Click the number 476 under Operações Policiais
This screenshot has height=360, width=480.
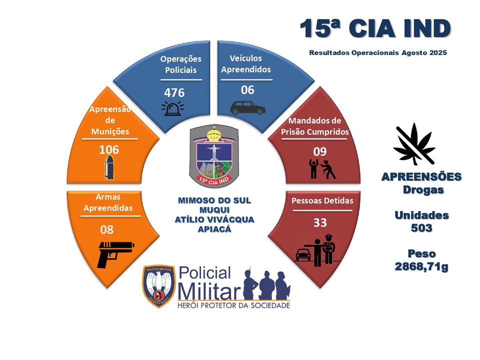coord(174,93)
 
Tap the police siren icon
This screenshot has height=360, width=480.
coord(172,108)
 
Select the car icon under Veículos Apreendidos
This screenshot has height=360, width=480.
coord(247,108)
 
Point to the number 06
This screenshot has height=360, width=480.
coord(247,90)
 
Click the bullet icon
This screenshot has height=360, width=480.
coord(109,167)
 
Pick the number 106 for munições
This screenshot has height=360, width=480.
coord(109,149)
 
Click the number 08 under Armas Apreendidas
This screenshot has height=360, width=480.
coord(107,229)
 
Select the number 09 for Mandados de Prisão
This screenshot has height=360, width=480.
coord(320,151)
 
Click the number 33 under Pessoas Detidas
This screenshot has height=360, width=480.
coord(320,222)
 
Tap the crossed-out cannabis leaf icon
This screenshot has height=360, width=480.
coord(414,143)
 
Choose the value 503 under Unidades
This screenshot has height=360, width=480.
coord(421,228)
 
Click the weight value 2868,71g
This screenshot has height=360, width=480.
coord(421,266)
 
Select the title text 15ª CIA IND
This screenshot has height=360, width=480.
coord(375,28)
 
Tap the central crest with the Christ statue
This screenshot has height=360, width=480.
coord(213,156)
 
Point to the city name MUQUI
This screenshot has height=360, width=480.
coord(214,210)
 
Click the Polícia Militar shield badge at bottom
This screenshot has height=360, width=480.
coord(158,286)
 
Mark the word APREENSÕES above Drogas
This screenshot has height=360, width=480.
coord(421,177)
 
